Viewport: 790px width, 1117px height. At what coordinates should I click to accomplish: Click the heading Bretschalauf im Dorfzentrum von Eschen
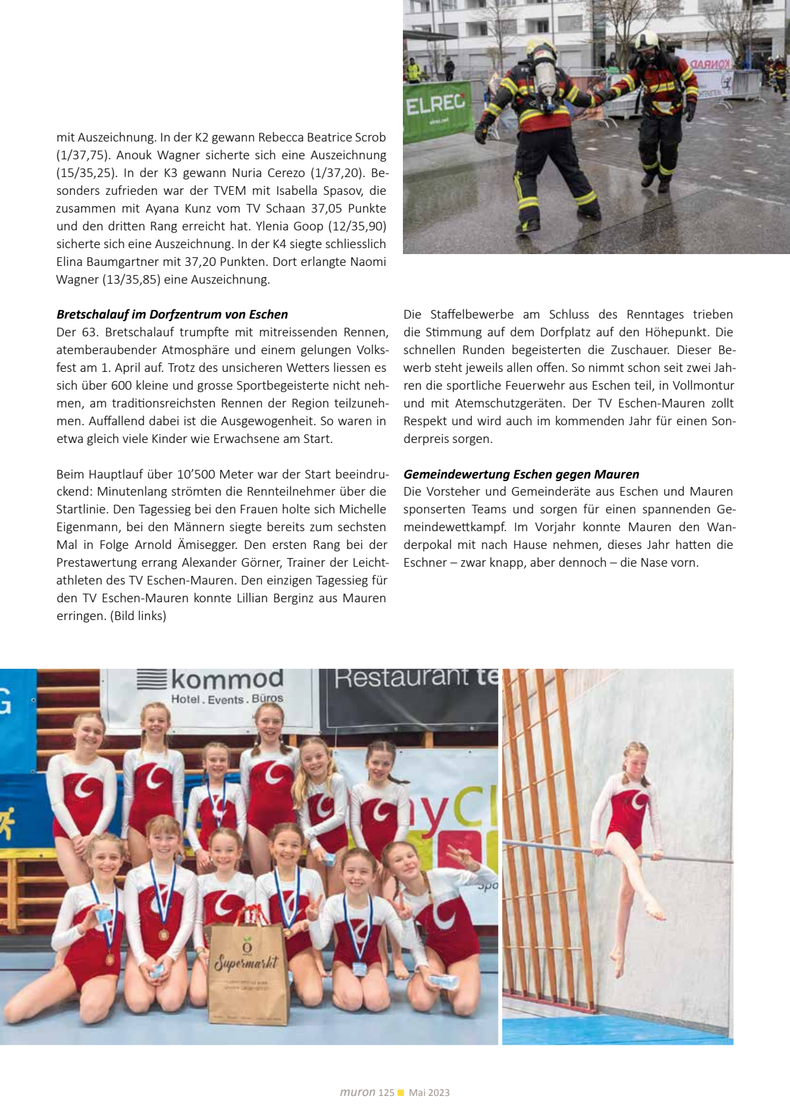[x=172, y=315]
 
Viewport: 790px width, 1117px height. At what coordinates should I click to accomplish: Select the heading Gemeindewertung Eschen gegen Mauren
[x=521, y=475]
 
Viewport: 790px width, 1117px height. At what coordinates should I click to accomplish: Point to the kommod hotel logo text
[x=227, y=679]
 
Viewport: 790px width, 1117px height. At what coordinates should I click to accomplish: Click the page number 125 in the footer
[x=386, y=1093]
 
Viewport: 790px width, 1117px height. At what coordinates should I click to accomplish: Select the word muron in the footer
[x=357, y=1093]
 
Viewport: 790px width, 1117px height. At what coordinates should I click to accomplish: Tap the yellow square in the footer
[x=401, y=1093]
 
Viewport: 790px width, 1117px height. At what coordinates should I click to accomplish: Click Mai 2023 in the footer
[x=429, y=1093]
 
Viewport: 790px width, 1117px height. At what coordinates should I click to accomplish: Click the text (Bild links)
[x=138, y=616]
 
